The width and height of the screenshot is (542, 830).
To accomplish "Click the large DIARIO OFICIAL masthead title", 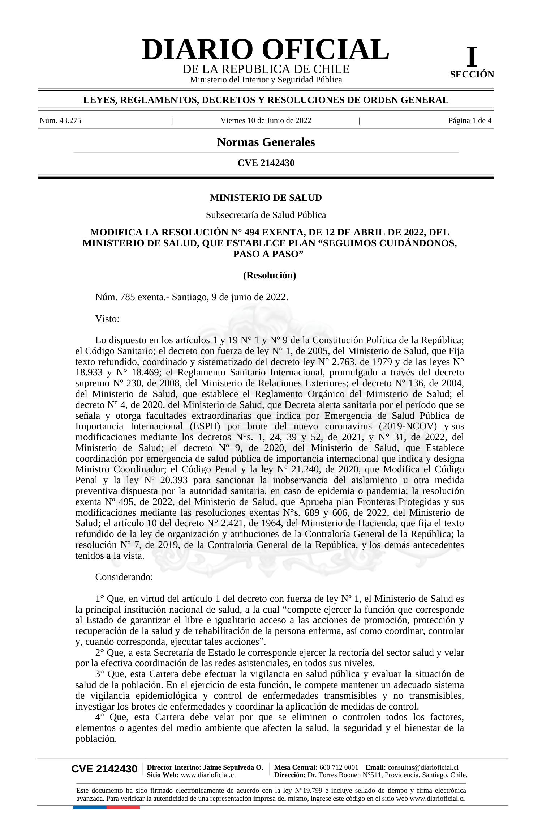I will pyautogui.click(x=266, y=50).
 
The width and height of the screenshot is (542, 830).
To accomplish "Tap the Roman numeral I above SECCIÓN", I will pyautogui.click(x=472, y=57).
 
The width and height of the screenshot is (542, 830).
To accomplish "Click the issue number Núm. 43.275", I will pyautogui.click(x=60, y=120).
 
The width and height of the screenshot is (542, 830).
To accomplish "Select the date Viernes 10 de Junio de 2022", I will pyautogui.click(x=266, y=120).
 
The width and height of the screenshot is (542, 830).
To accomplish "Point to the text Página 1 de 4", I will pyautogui.click(x=470, y=120).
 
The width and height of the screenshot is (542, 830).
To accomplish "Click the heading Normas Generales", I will pyautogui.click(x=266, y=142).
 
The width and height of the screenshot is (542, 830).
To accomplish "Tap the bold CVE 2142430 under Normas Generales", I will pyautogui.click(x=266, y=163).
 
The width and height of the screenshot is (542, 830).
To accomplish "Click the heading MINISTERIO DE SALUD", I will pyautogui.click(x=266, y=198).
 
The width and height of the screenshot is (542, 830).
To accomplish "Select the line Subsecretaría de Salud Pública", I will pyautogui.click(x=266, y=215).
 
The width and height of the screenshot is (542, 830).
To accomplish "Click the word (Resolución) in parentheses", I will pyautogui.click(x=270, y=276).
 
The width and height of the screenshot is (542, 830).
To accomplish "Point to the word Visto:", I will pyautogui.click(x=107, y=319).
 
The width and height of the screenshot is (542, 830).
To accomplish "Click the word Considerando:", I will pyautogui.click(x=124, y=577).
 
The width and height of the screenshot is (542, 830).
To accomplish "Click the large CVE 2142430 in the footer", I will pyautogui.click(x=104, y=769).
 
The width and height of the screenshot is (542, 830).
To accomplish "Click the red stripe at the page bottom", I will pyautogui.click(x=123, y=808).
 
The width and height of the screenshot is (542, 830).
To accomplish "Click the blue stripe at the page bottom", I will pyautogui.click(x=90, y=808).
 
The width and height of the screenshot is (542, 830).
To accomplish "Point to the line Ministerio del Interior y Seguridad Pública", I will pyautogui.click(x=266, y=80).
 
